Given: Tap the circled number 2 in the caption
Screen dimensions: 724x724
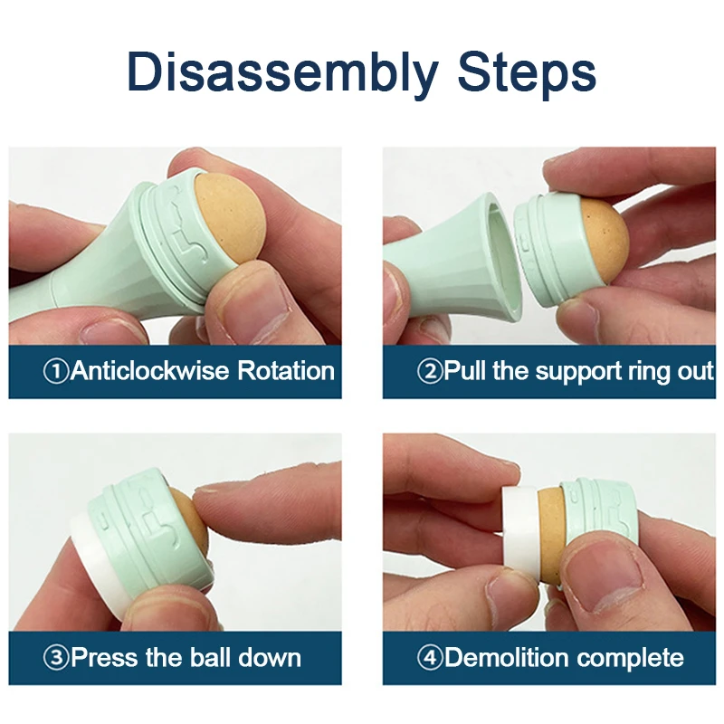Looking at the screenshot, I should pos(429,371).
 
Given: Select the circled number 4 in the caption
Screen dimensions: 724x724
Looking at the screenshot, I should pos(429,657).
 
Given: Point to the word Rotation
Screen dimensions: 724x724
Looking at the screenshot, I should pos(286,371).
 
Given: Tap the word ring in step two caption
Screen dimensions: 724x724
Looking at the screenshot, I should pos(649,372).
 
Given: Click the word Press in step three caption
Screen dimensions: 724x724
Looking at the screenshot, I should pos(104,657).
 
